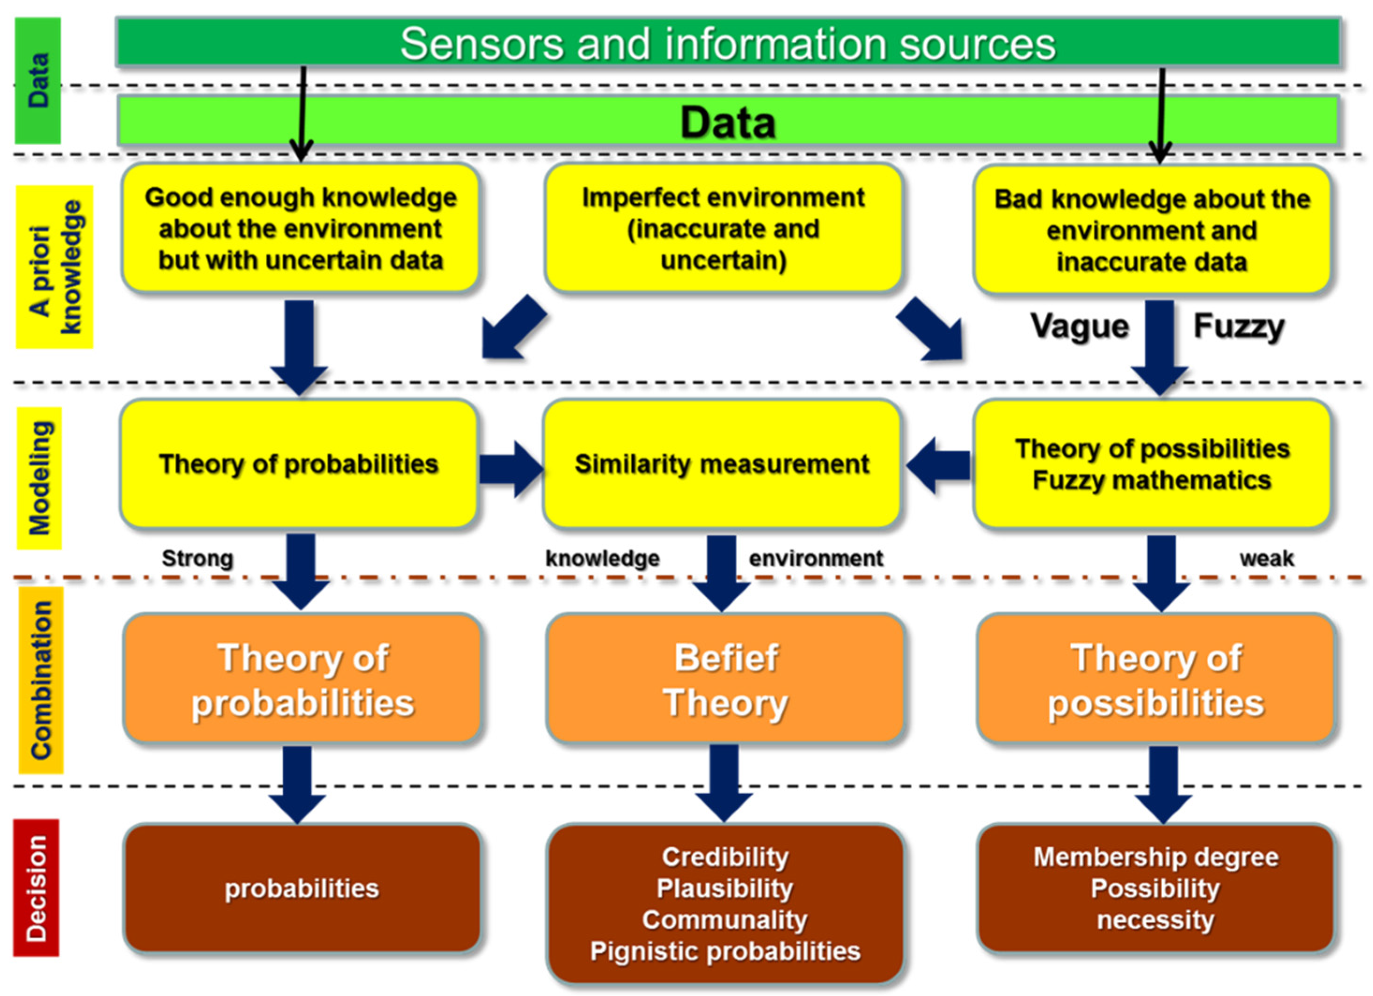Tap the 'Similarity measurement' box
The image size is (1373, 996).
[x=722, y=464]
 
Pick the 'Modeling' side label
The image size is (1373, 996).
[x=39, y=478]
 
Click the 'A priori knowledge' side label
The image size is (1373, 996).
[x=54, y=267]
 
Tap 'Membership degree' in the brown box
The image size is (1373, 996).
[x=1156, y=857]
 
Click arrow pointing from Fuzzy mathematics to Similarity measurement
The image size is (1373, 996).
[x=938, y=465]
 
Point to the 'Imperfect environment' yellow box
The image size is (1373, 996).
[x=723, y=229]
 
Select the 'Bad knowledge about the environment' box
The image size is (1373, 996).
[x=1152, y=230]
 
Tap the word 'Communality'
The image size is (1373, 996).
[x=724, y=920]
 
